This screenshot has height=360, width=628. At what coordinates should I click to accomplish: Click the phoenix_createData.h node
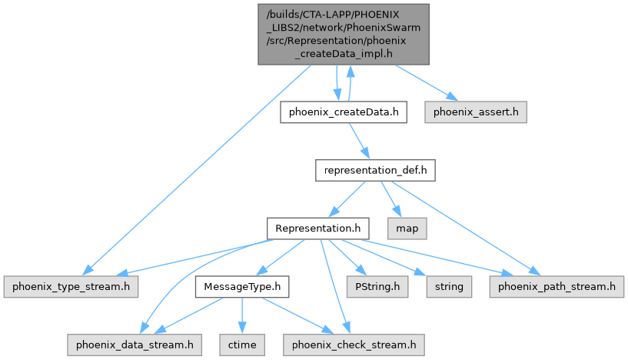(x=342, y=113)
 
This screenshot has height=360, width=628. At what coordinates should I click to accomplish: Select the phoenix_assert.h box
(x=476, y=113)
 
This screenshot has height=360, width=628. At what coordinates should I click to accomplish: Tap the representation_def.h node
(x=375, y=170)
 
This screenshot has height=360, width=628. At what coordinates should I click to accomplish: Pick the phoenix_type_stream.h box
(x=70, y=286)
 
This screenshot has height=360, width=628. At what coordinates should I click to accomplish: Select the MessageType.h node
(x=241, y=286)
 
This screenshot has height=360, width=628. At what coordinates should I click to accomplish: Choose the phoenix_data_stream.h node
(x=134, y=344)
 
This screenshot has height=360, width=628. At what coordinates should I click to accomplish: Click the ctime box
(x=242, y=344)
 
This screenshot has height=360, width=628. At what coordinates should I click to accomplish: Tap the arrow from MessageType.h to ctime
(x=241, y=315)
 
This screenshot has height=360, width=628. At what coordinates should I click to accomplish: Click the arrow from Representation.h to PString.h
(x=348, y=258)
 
